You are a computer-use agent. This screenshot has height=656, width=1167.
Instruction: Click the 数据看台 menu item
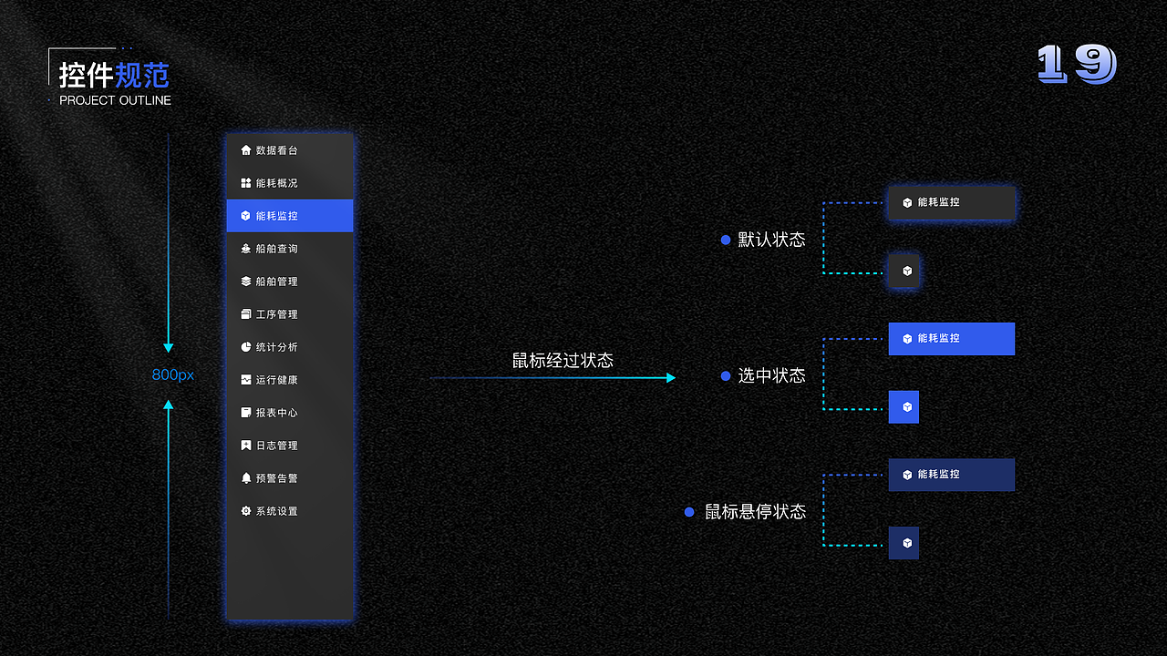pyautogui.click(x=276, y=150)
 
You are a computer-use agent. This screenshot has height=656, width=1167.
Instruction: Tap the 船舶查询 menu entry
pyautogui.click(x=276, y=249)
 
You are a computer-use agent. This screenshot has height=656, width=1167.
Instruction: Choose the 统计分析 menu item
pyautogui.click(x=276, y=347)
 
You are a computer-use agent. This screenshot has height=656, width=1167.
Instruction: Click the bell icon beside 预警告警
pyautogui.click(x=246, y=478)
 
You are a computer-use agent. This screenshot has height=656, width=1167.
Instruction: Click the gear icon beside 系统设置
pyautogui.click(x=246, y=511)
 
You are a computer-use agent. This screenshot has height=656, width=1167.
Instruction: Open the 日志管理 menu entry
pyautogui.click(x=276, y=446)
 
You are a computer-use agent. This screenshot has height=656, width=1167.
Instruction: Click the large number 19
pyautogui.click(x=1077, y=65)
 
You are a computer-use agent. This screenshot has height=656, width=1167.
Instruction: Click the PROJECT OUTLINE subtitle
pyautogui.click(x=115, y=100)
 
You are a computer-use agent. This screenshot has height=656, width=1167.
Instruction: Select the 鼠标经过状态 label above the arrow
pyautogui.click(x=563, y=360)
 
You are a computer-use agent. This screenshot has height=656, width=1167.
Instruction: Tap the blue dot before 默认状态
pyautogui.click(x=726, y=240)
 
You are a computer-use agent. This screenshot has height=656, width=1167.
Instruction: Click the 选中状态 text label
pyautogui.click(x=771, y=375)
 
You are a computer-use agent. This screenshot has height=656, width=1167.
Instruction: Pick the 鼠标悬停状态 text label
pyautogui.click(x=755, y=512)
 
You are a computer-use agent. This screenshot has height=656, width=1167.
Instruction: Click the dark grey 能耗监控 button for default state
pyautogui.click(x=951, y=202)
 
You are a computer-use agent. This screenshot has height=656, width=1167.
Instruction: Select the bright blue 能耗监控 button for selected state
pyautogui.click(x=951, y=339)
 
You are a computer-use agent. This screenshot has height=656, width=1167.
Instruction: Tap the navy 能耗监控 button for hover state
pyautogui.click(x=951, y=475)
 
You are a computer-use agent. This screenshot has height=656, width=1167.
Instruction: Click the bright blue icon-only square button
pyautogui.click(x=904, y=407)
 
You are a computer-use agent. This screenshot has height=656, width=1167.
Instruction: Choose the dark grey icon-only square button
pyautogui.click(x=904, y=272)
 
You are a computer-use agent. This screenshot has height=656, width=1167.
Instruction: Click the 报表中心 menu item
pyautogui.click(x=276, y=413)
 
